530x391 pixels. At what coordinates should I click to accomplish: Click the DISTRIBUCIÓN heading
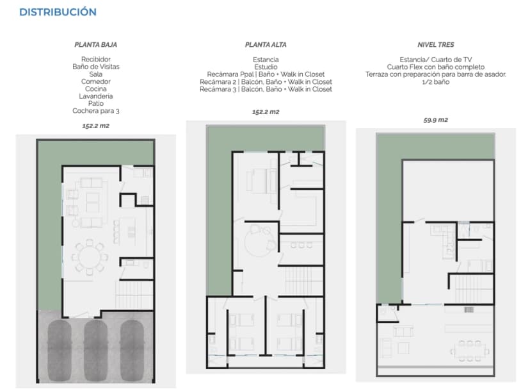58,12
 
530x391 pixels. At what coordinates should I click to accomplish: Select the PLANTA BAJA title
96,46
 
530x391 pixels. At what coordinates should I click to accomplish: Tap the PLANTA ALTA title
266,46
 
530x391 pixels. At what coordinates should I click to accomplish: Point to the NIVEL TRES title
435,46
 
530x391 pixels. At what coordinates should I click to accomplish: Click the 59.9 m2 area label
435,120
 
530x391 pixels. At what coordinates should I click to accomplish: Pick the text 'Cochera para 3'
96,111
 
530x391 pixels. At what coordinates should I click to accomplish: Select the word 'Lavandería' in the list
96,96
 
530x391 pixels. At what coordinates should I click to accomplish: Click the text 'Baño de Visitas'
96,67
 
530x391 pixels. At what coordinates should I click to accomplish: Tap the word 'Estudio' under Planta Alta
266,67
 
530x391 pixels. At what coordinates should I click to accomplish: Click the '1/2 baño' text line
435,82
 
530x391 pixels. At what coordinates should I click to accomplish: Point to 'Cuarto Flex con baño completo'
435,67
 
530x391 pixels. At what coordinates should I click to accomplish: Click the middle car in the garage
96,346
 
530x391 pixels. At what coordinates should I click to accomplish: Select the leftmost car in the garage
59,346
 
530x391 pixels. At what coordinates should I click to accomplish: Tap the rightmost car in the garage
132,346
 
